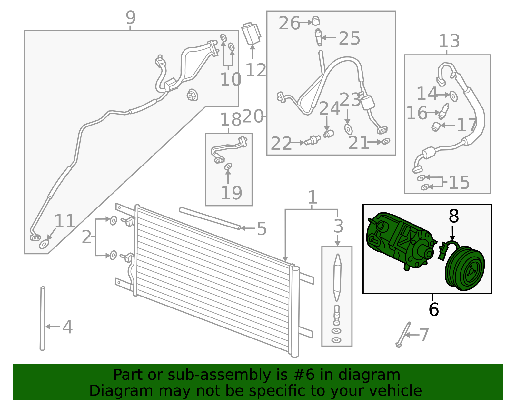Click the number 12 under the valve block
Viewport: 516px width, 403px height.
coord(256,70)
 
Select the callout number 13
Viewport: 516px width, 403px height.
coord(449,41)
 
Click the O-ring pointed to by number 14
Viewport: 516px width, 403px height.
coord(453,96)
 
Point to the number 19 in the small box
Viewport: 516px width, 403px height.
coord(231,193)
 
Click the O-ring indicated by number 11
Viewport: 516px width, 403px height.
coord(44,245)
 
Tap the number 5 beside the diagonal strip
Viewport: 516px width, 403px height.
coord(262,229)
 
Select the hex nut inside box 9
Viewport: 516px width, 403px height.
coord(192,95)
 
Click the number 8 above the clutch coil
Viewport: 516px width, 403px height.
coord(453,216)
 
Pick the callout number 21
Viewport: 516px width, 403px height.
coord(358,143)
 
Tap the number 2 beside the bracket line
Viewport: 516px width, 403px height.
coord(86,237)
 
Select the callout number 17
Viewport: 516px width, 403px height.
coord(467,125)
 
